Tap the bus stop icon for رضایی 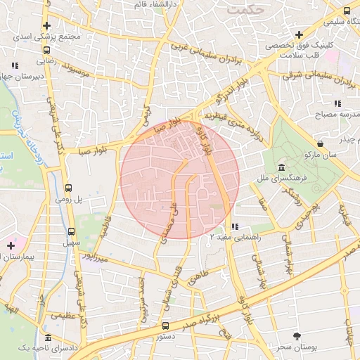pos(46,51)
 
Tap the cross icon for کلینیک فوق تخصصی pos(300,34)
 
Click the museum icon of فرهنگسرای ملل pos(281,167)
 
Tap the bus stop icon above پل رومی pos(69,188)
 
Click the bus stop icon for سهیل pos(71,231)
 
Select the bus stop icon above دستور pos(165,326)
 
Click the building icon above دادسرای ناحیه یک pos(47,337)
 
